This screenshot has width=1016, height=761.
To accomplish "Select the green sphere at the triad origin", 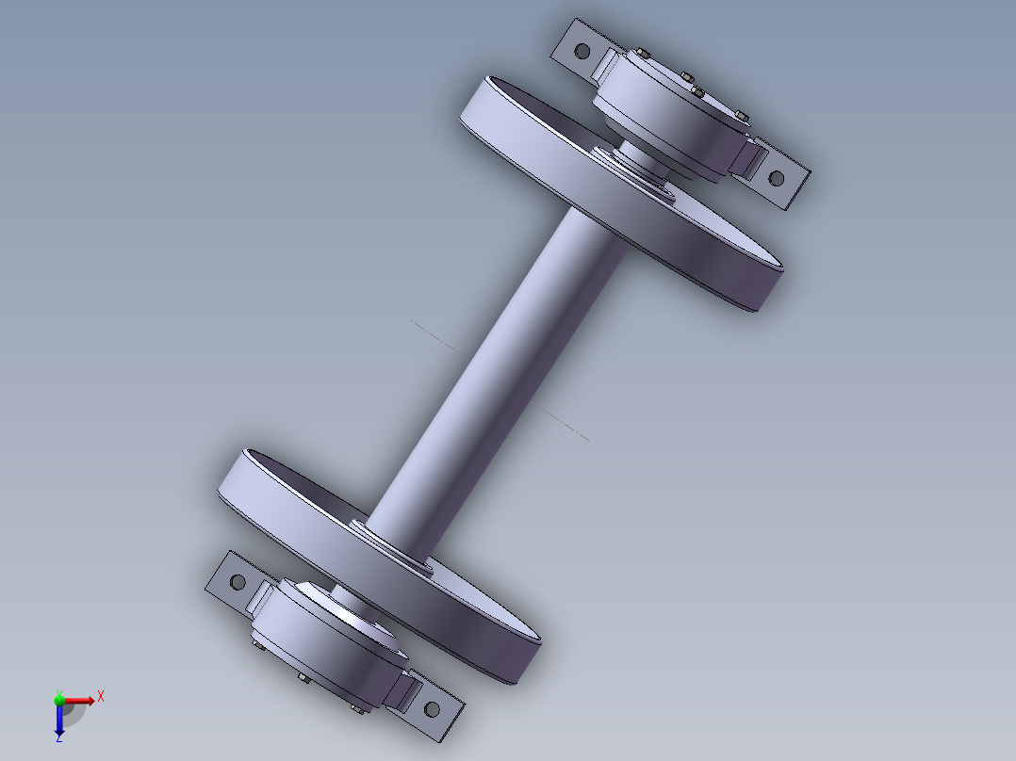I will tap(59, 700).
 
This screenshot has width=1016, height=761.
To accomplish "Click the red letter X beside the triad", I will tap(100, 696).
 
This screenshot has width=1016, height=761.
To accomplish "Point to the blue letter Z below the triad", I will tap(59, 739).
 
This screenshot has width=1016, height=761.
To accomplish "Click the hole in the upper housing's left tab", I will tap(582, 50).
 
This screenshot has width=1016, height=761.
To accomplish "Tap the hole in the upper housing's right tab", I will tap(777, 178).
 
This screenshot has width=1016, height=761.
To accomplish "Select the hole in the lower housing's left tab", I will tap(238, 582).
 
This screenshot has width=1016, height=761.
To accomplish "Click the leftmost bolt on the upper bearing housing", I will tap(641, 54).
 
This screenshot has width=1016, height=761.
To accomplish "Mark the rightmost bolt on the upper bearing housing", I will tap(740, 117).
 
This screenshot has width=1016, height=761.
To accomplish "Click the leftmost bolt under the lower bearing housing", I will tap(255, 645).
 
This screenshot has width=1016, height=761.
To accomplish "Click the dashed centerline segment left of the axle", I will tap(434, 335).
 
